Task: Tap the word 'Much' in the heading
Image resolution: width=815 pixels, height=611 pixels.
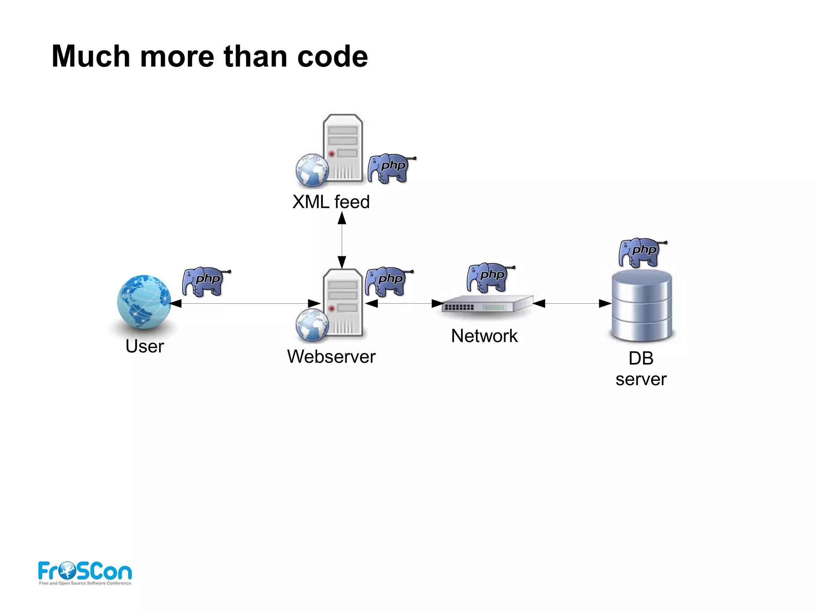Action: pos(91,57)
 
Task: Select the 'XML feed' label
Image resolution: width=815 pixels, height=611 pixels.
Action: pos(331,202)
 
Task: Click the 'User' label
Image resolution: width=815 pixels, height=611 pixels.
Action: pos(144,346)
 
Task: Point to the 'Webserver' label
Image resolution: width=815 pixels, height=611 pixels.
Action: pos(331,356)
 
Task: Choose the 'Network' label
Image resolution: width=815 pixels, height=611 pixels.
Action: pos(484,336)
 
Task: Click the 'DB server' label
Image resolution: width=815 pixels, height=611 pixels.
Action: pos(641,369)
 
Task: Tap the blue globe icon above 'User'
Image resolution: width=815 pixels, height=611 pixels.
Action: pos(144,302)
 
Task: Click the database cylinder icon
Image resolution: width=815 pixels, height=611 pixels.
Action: pos(641,305)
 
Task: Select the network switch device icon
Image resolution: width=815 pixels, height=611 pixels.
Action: pos(487,305)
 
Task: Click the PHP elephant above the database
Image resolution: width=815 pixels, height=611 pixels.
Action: pos(641,252)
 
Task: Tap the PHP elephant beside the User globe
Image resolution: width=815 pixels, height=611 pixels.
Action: pos(205,282)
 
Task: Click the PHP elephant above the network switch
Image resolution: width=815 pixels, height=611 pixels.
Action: pos(489,277)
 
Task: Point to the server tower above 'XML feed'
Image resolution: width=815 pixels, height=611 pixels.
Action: pos(342,148)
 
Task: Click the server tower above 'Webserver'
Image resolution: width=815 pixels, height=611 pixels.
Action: pos(342,303)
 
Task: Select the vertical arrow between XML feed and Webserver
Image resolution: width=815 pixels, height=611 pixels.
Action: pos(342,240)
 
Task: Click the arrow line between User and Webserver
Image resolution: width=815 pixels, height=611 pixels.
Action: pos(245,304)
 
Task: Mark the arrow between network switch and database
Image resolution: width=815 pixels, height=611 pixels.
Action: pos(572,304)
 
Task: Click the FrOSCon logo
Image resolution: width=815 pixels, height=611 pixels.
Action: pos(85,572)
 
